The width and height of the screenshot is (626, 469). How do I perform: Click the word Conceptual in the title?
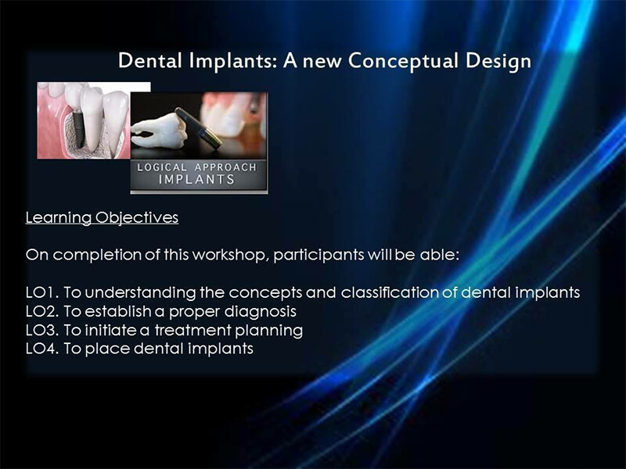403,61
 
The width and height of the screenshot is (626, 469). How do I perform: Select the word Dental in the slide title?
150,61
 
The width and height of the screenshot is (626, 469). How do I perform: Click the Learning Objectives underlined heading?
102,218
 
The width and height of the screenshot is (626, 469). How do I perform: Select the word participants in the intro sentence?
318,256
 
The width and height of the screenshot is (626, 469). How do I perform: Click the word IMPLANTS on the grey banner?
196,180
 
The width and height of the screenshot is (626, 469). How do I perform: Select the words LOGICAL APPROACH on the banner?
197,167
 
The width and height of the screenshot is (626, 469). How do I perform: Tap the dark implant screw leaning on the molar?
199,128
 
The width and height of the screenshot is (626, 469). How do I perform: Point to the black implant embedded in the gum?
77,130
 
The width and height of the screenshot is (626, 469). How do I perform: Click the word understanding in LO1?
141,293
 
